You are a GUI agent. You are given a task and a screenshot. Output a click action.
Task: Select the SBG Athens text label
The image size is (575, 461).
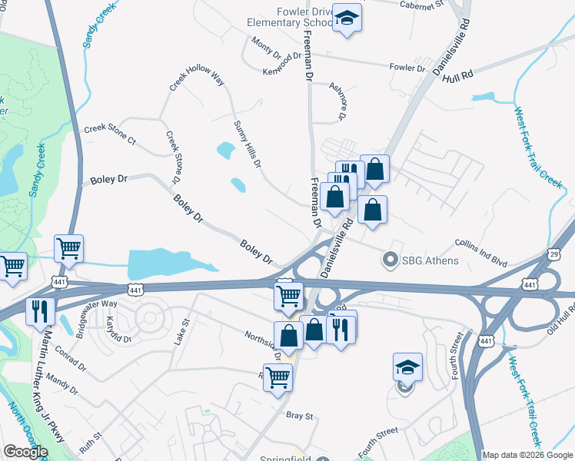[x=431, y=260]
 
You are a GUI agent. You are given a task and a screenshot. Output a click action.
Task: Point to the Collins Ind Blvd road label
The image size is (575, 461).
[x=482, y=252]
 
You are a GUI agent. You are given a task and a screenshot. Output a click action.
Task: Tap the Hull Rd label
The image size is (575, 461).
[x=457, y=75]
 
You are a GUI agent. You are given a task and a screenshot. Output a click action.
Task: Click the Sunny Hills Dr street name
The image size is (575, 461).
[x=248, y=144]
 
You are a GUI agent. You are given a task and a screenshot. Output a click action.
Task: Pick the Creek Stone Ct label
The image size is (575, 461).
[x=109, y=134]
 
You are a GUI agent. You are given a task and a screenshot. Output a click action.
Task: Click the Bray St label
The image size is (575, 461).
[x=300, y=416]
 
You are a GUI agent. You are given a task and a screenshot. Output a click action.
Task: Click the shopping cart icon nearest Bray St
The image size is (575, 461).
[x=277, y=377]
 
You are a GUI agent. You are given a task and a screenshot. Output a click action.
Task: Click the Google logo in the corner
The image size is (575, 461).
[x=26, y=452]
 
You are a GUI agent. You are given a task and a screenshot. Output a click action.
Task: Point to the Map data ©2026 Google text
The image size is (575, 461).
[x=527, y=455]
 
